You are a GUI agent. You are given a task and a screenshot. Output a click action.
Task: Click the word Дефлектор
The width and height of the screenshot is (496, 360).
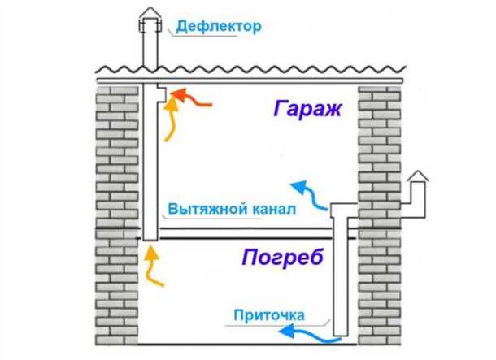pyautogui.click(x=218, y=28)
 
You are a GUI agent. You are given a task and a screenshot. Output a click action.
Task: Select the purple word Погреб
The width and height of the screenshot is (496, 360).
pyautogui.click(x=282, y=258)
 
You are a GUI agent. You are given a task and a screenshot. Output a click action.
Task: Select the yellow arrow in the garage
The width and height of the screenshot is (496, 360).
pyautogui.click(x=172, y=122)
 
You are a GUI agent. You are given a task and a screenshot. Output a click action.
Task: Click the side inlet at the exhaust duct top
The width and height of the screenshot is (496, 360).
pyautogui.click(x=163, y=95)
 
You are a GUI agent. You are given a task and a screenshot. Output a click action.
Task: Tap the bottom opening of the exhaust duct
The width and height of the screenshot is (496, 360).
pyautogui.click(x=149, y=238)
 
